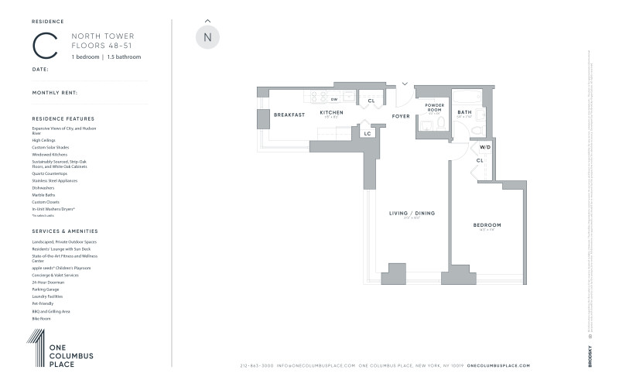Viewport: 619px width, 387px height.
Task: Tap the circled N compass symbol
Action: pos(207,37)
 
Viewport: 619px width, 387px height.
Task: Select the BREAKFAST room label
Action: pos(289,115)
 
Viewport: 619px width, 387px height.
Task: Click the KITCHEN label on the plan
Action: pos(331,112)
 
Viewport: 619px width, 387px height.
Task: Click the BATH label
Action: pos(464,112)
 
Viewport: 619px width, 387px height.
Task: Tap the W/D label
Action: pos(485,146)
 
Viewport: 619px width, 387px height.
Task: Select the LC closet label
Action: pos(368,133)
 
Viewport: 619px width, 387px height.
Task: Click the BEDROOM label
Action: pos(487,225)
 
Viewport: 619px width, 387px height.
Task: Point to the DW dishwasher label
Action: pos(333,99)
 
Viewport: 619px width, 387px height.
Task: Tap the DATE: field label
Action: pos(40,69)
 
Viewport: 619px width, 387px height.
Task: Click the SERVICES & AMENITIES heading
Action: pos(64,231)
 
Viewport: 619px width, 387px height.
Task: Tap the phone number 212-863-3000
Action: pos(258,366)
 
